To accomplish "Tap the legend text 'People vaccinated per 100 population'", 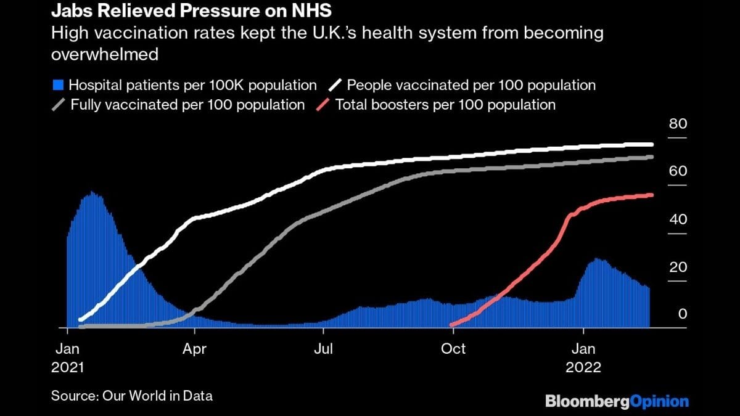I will pyautogui.click(x=472, y=85).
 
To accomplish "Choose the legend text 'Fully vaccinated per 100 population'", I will pyautogui.click(x=187, y=105).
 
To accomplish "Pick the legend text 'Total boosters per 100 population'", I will pyautogui.click(x=445, y=105).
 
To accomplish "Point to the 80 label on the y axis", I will pyautogui.click(x=678, y=124).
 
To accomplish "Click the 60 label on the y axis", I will pyautogui.click(x=678, y=171).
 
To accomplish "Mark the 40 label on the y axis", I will pyautogui.click(x=678, y=219).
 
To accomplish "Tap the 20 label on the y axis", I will pyautogui.click(x=678, y=267).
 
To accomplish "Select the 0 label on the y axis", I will pyautogui.click(x=682, y=314).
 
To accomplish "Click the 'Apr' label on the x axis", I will pyautogui.click(x=195, y=349).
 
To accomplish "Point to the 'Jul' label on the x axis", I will pyautogui.click(x=323, y=349).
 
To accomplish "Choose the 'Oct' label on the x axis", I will pyautogui.click(x=453, y=349).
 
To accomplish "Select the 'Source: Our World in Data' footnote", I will pyautogui.click(x=132, y=396).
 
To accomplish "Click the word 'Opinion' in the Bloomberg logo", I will pyautogui.click(x=660, y=402).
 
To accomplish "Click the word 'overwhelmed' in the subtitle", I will pyautogui.click(x=105, y=54).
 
